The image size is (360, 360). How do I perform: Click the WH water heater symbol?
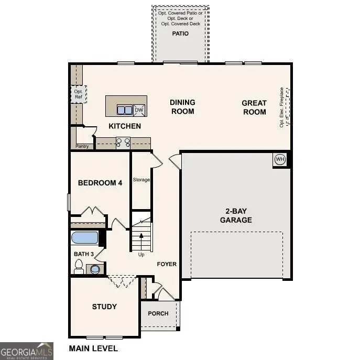pyautogui.click(x=279, y=159)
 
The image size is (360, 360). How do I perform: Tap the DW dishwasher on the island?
pyautogui.click(x=139, y=110)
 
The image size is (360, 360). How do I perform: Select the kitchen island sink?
pyautogui.click(x=124, y=110)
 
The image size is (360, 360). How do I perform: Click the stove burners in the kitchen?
pyautogui.click(x=123, y=142)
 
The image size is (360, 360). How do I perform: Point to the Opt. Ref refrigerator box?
pyautogui.click(x=78, y=94)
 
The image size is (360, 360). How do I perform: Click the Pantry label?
pyautogui.click(x=82, y=146)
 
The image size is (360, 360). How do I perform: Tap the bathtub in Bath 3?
pyautogui.click(x=84, y=238)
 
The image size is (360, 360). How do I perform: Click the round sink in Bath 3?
pyautogui.click(x=94, y=269)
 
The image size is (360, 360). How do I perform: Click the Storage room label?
pyautogui.click(x=141, y=180)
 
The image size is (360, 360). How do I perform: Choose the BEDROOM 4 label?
pyautogui.click(x=100, y=183)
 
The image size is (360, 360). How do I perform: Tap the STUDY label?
pyautogui.click(x=104, y=307)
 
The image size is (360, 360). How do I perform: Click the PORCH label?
pyautogui.click(x=158, y=313)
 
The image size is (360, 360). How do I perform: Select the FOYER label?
pyautogui.click(x=167, y=264)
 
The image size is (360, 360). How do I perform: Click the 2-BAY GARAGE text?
pyautogui.click(x=236, y=215)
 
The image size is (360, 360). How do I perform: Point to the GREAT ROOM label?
pyautogui.click(x=254, y=107)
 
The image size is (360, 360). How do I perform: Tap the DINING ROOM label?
pyautogui.click(x=182, y=106)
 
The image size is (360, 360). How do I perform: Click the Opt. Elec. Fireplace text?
pyautogui.click(x=281, y=107)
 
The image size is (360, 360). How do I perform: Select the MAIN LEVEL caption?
pyautogui.click(x=93, y=348)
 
